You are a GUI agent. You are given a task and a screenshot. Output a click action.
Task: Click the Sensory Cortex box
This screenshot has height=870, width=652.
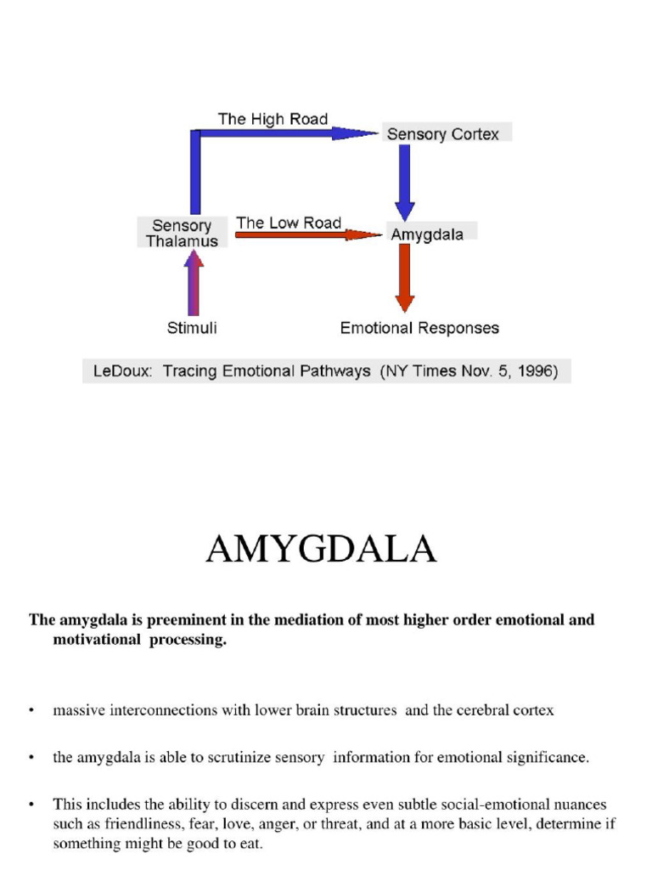443,134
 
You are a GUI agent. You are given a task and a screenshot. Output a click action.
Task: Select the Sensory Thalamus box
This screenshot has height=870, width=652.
182,233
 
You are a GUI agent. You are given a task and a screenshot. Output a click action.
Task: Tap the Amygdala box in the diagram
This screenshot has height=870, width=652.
427,234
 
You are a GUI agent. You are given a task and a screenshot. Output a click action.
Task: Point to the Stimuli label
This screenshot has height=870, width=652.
191,328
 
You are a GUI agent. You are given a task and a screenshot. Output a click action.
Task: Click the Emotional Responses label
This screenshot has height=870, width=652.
419,328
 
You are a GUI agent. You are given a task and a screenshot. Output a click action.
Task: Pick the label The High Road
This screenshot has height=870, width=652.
273,119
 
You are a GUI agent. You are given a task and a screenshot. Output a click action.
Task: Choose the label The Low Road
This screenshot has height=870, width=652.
289,223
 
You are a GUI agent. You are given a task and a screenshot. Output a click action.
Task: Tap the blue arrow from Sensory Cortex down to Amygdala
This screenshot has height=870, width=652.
405,183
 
